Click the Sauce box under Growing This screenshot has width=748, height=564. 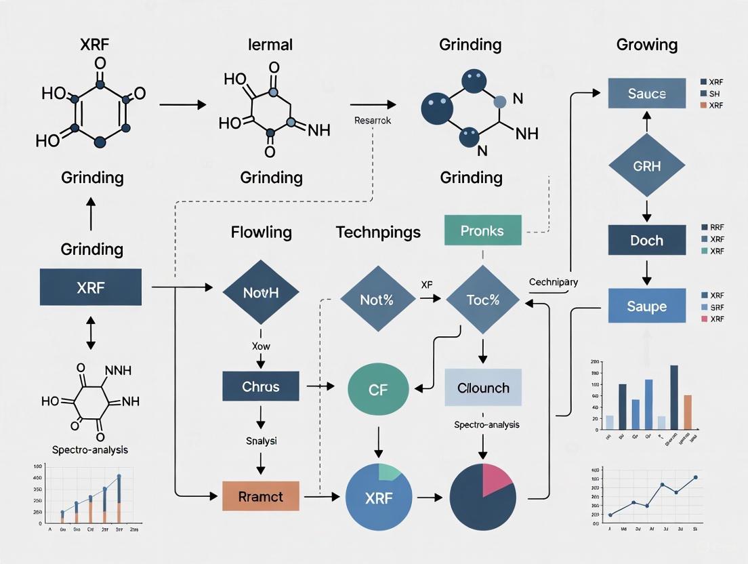[x=646, y=94]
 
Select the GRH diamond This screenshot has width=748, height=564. [x=646, y=167]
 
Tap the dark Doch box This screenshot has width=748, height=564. [x=646, y=241]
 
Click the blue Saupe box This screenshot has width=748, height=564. [x=646, y=306]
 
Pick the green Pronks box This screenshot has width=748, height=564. [x=482, y=230]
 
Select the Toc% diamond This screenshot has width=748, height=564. [x=482, y=299]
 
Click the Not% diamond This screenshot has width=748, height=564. [x=377, y=299]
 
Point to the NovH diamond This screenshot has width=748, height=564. [x=261, y=294]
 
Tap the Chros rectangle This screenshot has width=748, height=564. [x=261, y=386]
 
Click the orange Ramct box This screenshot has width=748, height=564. [x=261, y=496]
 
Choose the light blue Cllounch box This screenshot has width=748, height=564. [x=483, y=388]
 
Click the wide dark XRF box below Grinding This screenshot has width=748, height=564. [x=91, y=287]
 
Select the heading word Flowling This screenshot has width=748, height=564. [x=261, y=233]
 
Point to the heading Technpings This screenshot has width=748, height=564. [x=377, y=233]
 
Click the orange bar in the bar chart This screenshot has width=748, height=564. [x=688, y=412]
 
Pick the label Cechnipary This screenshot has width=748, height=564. [x=553, y=282]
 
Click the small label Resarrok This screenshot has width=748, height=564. [x=372, y=120]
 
